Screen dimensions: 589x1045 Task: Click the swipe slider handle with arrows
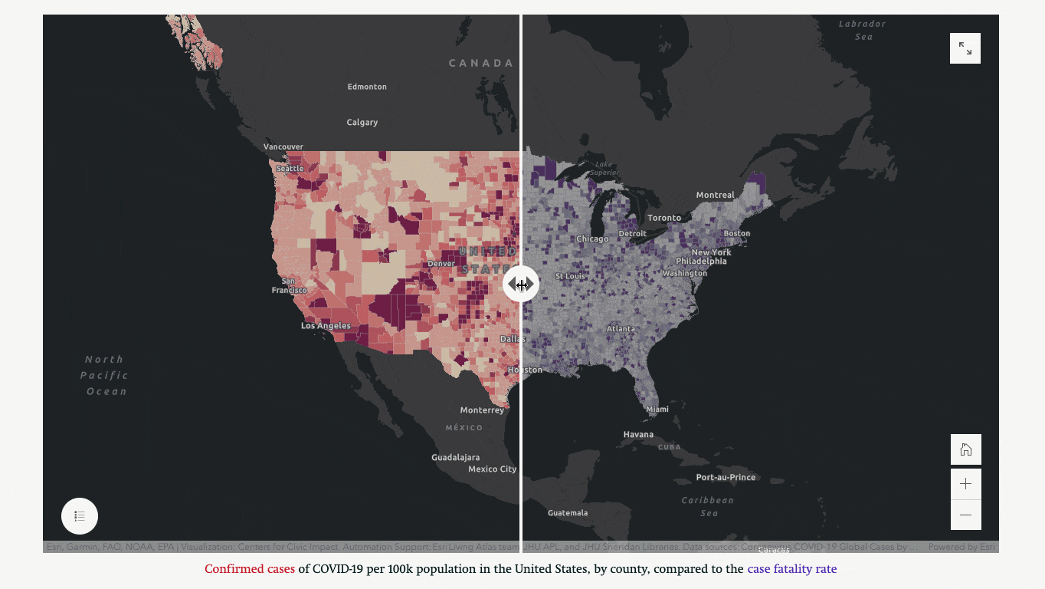(521, 285)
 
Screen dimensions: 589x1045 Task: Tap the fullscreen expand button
(965, 48)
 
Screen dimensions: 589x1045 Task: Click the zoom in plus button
(965, 484)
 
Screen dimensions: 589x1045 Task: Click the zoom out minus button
(965, 515)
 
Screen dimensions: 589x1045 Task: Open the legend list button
(80, 516)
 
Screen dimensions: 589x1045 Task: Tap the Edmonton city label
(367, 87)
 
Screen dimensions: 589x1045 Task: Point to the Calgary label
(362, 122)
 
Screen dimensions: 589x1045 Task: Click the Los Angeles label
(326, 326)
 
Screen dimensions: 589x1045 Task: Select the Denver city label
(441, 264)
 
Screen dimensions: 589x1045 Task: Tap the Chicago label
(592, 239)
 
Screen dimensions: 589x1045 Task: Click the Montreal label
(715, 196)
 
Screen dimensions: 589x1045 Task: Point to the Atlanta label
(621, 329)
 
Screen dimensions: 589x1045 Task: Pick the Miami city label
(657, 410)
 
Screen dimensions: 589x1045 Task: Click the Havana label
(638, 435)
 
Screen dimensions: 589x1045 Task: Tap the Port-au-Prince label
(726, 477)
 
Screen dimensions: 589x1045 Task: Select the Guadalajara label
(455, 457)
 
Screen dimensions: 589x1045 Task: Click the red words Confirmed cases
(250, 569)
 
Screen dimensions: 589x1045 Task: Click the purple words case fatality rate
(792, 569)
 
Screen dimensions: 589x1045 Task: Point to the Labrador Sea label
(863, 30)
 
